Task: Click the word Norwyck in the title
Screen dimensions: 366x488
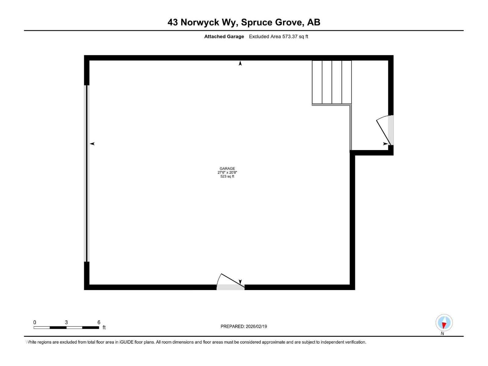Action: [x=200, y=22]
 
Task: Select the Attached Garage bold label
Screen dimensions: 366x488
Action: [x=224, y=37]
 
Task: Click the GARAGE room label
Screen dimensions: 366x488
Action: [x=227, y=168]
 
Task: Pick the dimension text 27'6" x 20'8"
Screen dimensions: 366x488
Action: [x=227, y=172]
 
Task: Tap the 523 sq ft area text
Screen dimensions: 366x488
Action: [x=227, y=176]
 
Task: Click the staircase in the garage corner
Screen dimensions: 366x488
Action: [x=332, y=82]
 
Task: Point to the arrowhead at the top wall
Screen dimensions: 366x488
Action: [x=240, y=63]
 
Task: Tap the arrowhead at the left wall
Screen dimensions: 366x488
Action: [x=92, y=144]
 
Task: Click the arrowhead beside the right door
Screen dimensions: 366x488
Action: [x=386, y=144]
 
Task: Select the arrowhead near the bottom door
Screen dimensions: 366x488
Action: [x=240, y=282]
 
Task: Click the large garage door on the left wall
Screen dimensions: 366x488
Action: [x=87, y=173]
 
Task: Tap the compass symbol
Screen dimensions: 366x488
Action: [x=444, y=323]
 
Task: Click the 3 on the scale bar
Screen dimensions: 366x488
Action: [x=66, y=322]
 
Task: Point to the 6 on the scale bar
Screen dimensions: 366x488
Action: [x=99, y=322]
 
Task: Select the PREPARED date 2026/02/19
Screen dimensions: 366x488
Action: [x=256, y=326]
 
